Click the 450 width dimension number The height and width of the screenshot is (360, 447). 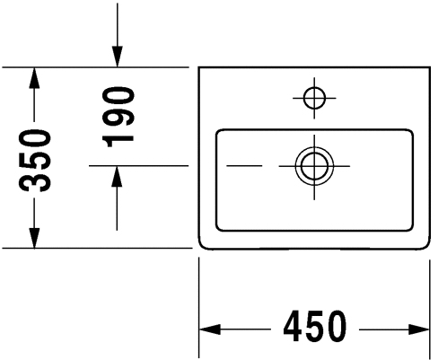point(314,327)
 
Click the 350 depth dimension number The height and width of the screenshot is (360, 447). point(34,161)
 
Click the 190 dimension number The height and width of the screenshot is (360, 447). point(118,117)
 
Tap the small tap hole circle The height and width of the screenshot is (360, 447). point(314,98)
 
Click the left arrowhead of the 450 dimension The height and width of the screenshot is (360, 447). point(210,329)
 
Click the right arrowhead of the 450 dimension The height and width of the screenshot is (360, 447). point(419,329)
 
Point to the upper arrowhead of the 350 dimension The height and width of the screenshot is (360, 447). point(34,78)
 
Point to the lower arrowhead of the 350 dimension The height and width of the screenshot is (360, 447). point(34,238)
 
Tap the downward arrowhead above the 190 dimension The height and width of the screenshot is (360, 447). point(118,57)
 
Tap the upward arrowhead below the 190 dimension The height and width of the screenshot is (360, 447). point(117,177)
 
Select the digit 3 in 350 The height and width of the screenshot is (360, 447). point(34,181)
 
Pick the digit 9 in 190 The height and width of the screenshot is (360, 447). point(118,117)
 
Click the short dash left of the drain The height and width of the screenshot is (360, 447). point(244,165)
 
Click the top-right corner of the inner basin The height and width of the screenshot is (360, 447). point(411,132)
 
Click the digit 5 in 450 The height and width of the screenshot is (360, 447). point(314,327)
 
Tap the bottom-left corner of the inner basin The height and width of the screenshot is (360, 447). point(218,228)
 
